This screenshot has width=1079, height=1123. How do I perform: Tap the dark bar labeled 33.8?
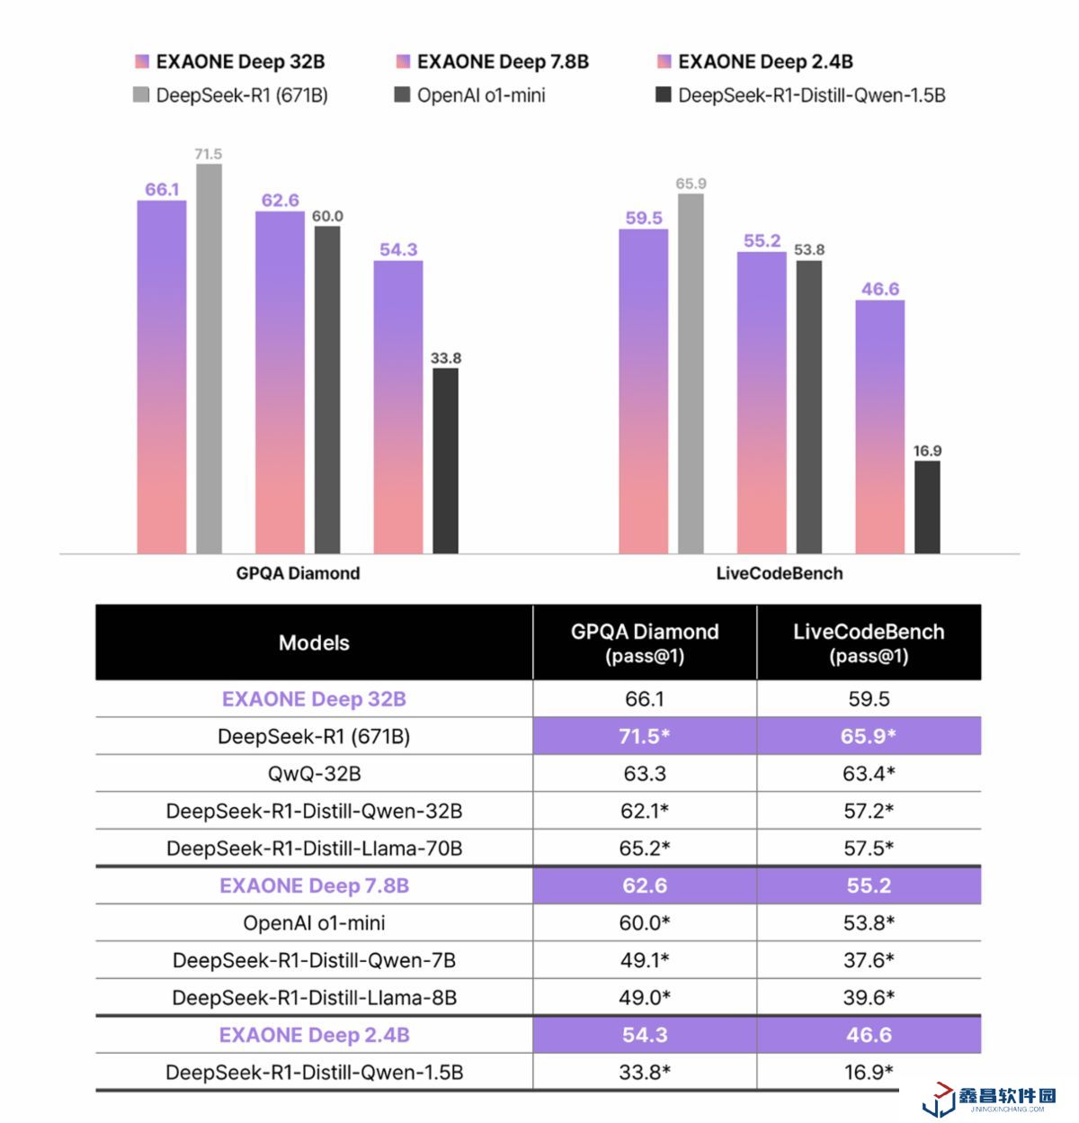[445, 461]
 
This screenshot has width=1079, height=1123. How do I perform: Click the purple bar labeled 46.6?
[879, 427]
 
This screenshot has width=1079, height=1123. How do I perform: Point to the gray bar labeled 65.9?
[691, 373]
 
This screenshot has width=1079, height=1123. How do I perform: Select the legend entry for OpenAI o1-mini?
[470, 95]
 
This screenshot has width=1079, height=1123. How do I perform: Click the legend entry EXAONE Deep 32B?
[229, 62]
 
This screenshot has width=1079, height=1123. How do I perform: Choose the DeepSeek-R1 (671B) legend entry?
[230, 95]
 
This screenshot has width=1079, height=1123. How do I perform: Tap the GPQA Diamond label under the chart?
[298, 573]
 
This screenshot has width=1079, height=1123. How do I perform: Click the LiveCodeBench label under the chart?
[780, 573]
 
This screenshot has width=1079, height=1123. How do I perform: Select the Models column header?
[314, 642]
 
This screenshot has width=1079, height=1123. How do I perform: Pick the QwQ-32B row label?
[314, 774]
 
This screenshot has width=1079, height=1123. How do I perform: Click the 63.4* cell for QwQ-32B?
[869, 774]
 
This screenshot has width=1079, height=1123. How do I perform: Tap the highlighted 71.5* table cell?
[645, 736]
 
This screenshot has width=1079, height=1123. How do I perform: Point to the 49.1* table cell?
[645, 960]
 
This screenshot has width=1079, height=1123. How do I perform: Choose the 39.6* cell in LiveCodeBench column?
[869, 998]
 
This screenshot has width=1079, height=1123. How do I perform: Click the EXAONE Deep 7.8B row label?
[314, 885]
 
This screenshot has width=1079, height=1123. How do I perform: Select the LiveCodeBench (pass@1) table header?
[869, 642]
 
